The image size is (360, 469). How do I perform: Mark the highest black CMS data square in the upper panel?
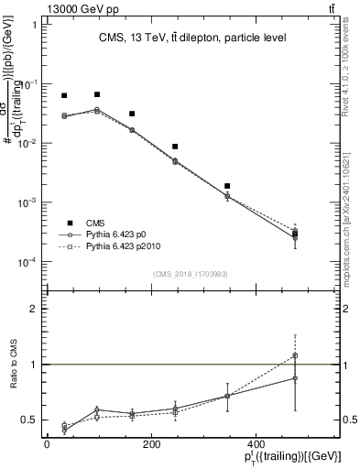[x=97, y=94]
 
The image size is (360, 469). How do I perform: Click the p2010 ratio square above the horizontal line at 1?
[x=295, y=355]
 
